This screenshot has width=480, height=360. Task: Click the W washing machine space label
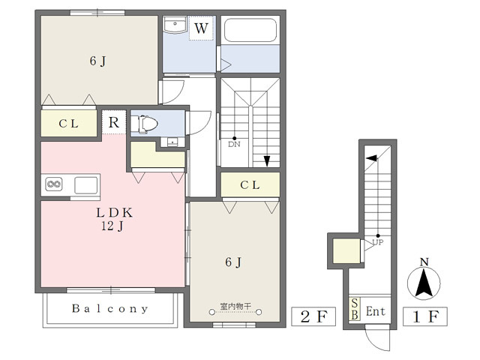pos(201,28)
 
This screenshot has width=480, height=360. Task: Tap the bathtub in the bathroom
pos(250,30)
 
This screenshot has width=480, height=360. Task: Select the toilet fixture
pos(145,124)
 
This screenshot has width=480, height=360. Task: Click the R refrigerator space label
pos(113,122)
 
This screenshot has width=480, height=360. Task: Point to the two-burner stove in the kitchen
pos(54,184)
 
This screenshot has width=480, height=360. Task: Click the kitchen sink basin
pos(86,185)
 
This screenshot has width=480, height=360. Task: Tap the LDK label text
pos(114,212)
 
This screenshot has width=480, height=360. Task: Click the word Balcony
pos(110,308)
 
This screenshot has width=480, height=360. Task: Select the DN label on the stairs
pos(234,144)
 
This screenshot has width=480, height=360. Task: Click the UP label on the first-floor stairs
pos(378,242)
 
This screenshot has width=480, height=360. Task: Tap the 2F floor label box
pos(313,316)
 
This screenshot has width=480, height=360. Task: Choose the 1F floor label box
pos(425,316)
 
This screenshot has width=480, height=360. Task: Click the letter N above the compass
pos(424,262)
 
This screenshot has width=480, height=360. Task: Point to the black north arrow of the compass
pos(424,283)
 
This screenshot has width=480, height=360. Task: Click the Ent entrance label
pos(376,311)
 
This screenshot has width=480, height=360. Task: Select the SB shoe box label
pos(355,309)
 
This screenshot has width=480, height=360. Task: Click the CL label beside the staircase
pos(250,185)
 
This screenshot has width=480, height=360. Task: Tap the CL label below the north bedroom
pos(68,124)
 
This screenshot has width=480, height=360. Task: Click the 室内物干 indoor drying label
pos(235,306)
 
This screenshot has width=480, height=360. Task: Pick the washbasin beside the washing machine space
pos(175,25)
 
